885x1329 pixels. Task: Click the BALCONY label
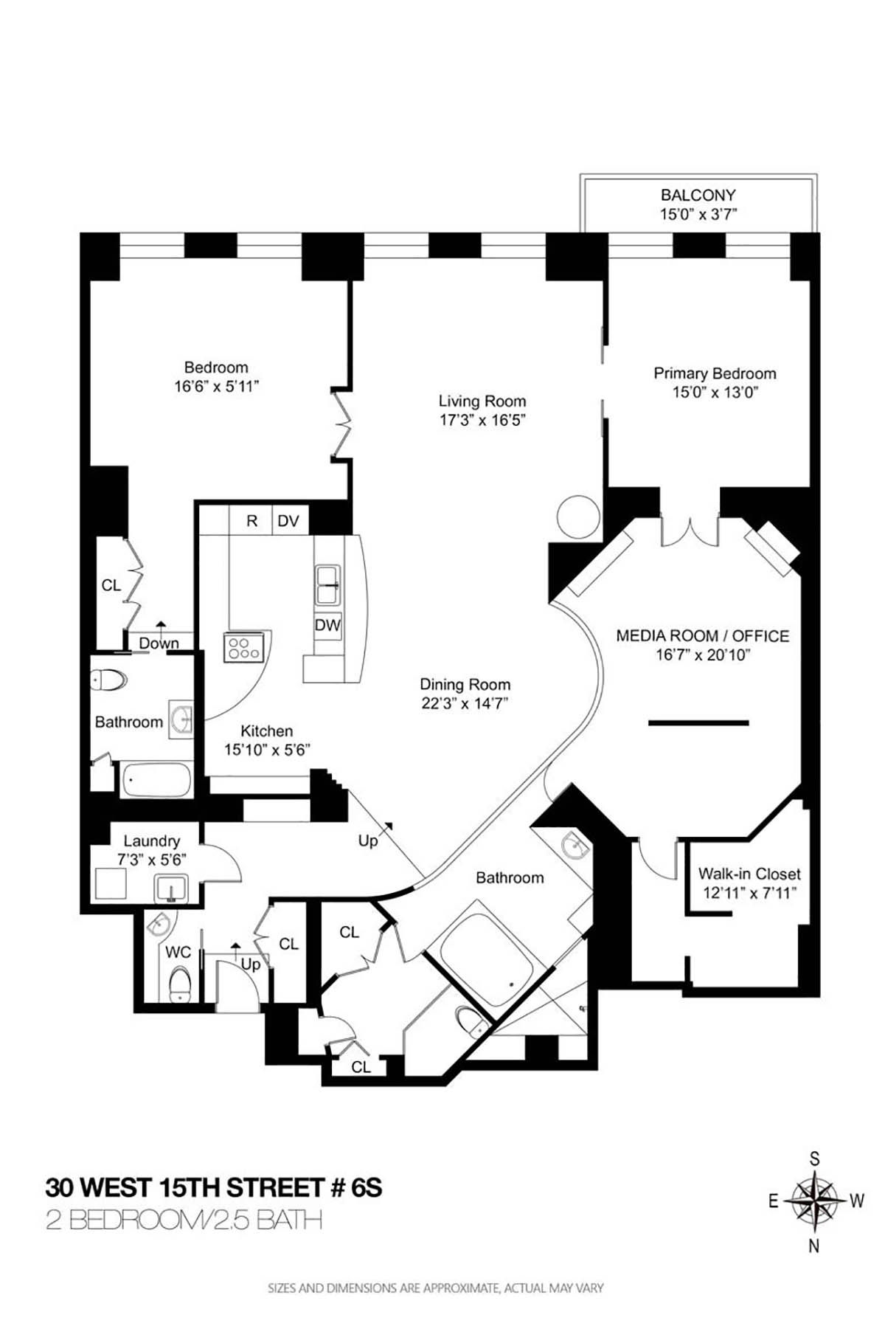click(x=698, y=196)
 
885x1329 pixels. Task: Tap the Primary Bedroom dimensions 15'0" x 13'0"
click(x=715, y=393)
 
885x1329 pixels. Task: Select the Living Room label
click(x=482, y=401)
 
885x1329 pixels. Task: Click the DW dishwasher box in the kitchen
click(x=327, y=625)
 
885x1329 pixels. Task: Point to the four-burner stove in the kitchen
click(x=244, y=648)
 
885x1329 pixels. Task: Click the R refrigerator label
click(x=251, y=521)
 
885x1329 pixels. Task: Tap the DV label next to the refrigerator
click(x=288, y=521)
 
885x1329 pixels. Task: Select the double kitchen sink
click(x=327, y=584)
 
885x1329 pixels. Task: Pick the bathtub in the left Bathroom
click(x=156, y=780)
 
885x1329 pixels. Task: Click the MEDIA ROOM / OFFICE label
click(x=702, y=635)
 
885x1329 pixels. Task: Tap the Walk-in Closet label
click(x=749, y=874)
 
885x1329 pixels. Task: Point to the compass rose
click(x=814, y=1201)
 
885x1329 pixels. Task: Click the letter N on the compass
click(x=814, y=1246)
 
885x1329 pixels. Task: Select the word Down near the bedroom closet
click(x=159, y=643)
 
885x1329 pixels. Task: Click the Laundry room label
click(x=151, y=840)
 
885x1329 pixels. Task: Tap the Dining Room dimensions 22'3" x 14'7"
click(x=465, y=703)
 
